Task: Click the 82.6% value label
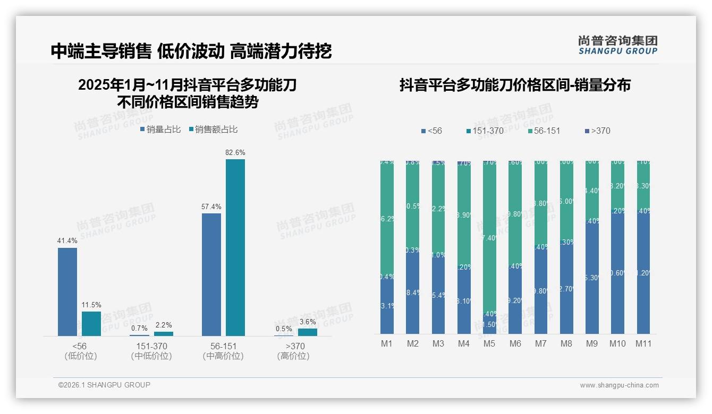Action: pos(235,152)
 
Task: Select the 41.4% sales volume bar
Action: pos(67,291)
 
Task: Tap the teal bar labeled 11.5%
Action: pos(91,323)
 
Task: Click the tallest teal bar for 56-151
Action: pos(235,247)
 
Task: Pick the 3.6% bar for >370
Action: pos(308,332)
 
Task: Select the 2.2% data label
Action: pos(164,325)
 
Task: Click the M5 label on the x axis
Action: pos(489,343)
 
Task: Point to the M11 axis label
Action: pos(643,343)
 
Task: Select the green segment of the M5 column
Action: pos(489,239)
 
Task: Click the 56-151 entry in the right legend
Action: pos(544,131)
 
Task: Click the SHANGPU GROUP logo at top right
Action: pos(617,45)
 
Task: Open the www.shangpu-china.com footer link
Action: pos(619,385)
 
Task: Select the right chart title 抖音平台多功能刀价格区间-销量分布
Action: pos(515,85)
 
